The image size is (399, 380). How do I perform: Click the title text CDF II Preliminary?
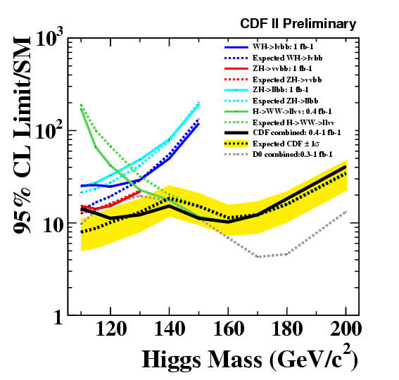[x=298, y=24]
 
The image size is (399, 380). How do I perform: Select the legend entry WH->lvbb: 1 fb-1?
[x=283, y=47]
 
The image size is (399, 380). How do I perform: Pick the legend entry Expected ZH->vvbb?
[x=287, y=80]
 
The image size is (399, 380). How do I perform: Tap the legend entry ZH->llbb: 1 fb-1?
[x=280, y=89]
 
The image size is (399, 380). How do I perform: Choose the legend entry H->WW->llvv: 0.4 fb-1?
[x=292, y=111]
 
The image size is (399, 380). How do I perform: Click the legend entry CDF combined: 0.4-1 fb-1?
[x=297, y=132]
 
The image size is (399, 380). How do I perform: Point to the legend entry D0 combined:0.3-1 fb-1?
[x=292, y=154]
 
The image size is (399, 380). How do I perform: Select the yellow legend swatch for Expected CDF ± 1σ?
[x=236, y=144]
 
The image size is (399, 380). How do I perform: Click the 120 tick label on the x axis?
[x=111, y=329]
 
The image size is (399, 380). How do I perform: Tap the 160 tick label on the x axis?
[x=228, y=329]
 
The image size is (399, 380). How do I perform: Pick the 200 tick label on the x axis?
[x=346, y=329]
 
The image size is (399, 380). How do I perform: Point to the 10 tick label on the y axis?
[x=53, y=226]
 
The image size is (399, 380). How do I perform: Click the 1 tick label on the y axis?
[x=58, y=317]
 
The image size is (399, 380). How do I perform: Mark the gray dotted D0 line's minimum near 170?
[x=259, y=257]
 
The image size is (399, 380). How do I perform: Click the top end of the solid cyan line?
[x=198, y=104]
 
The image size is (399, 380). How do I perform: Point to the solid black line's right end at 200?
[x=346, y=167]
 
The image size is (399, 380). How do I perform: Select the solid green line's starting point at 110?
[x=81, y=110]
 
